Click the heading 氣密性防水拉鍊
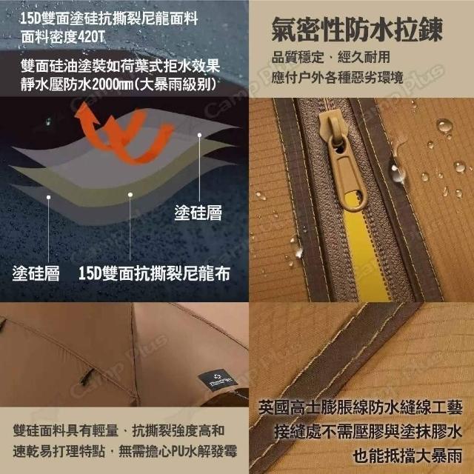point(357,30)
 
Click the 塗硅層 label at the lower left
point(36,273)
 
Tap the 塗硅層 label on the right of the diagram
point(198,213)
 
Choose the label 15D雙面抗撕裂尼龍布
point(154,273)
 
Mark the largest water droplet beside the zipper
point(444,126)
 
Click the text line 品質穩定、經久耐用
point(331,57)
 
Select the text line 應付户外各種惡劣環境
point(338,77)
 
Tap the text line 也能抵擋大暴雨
point(407,455)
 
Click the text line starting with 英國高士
point(361,407)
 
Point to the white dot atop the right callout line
point(199,135)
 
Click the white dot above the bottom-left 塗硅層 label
point(48,198)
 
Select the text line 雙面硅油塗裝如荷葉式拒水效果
point(120,66)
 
